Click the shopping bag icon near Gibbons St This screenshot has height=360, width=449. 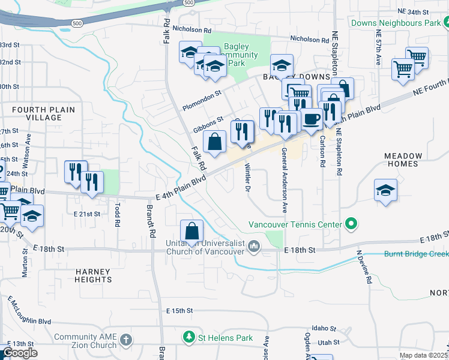(x=214, y=142)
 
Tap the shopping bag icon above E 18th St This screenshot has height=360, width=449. (x=191, y=231)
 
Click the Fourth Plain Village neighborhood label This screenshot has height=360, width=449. (x=37, y=113)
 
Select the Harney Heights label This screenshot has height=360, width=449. (x=94, y=275)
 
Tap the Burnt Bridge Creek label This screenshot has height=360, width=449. (x=416, y=254)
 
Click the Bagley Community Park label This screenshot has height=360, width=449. (x=240, y=55)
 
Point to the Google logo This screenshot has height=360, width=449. (x=20, y=353)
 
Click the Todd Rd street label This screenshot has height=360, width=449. (x=115, y=214)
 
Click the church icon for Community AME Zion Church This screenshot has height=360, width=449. (x=125, y=340)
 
